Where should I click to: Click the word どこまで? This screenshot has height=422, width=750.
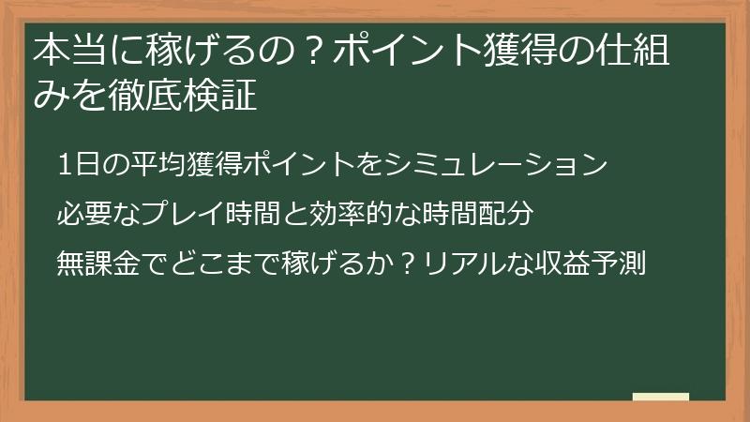point(212,264)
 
